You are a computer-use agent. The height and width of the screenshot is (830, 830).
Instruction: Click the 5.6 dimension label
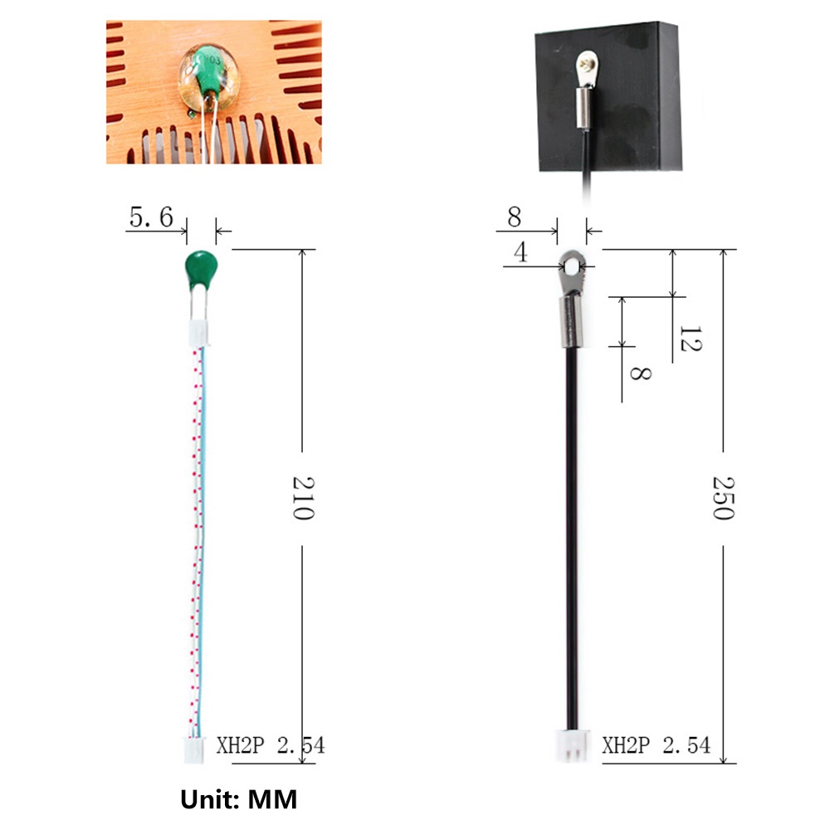tap(151, 217)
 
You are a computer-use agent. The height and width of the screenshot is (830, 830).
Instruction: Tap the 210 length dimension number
tap(303, 498)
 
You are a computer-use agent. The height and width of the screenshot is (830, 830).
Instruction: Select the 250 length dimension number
tap(724, 498)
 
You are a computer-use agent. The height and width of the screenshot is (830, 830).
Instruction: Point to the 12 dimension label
tap(691, 339)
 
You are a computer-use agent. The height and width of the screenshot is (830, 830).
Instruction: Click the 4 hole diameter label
tap(521, 252)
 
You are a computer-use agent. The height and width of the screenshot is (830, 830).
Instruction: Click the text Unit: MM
tap(239, 799)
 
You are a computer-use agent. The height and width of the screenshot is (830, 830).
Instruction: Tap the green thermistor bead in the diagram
tap(201, 270)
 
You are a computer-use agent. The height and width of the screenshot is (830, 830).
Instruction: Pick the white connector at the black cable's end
tap(572, 745)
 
